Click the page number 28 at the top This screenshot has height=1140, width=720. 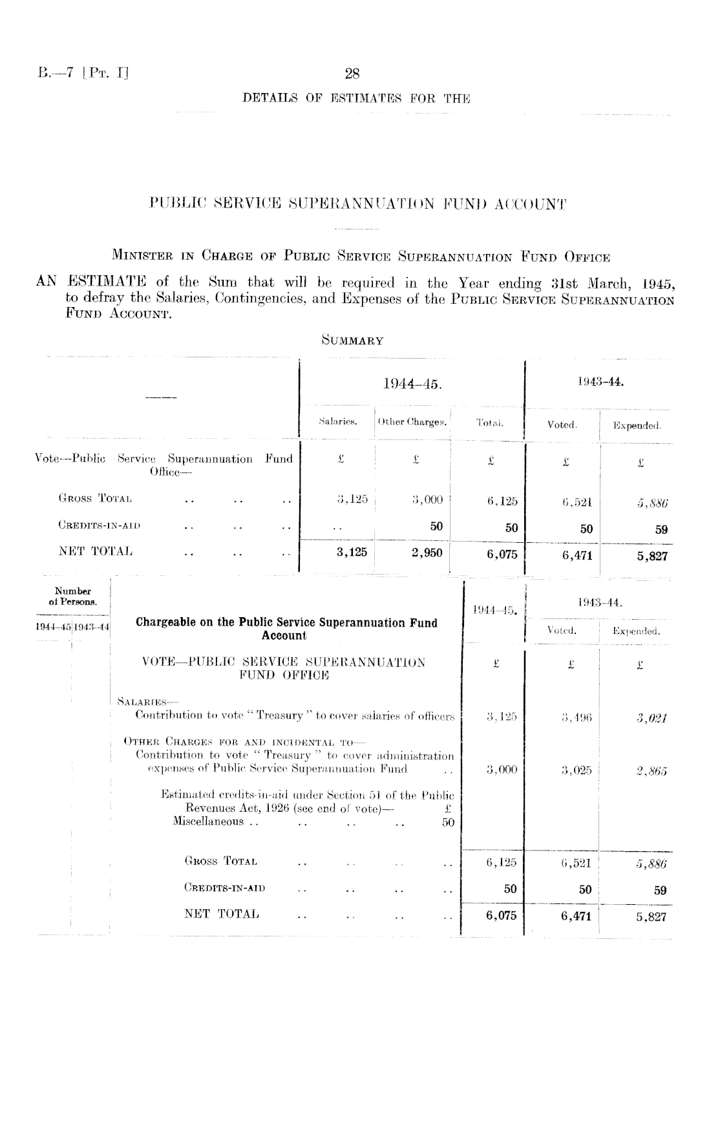pos(352,74)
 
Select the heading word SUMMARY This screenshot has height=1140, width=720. pos(352,341)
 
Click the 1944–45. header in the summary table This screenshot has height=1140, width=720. pos(412,385)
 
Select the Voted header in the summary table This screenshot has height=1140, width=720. pos(561,425)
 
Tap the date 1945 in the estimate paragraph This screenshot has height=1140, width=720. pos(658,283)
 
